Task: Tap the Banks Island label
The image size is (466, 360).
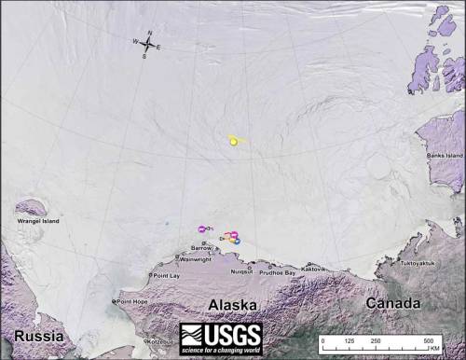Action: point(445,155)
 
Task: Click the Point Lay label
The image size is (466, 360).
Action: point(166,276)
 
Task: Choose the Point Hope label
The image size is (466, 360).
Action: point(130,302)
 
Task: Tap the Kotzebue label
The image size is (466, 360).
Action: point(162,341)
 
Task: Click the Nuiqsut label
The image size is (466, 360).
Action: point(241,271)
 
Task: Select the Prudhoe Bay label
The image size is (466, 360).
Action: point(277,272)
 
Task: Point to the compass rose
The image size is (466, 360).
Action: point(148,43)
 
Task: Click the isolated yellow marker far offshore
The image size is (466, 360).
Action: point(233,141)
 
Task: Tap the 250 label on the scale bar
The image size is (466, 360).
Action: point(377,342)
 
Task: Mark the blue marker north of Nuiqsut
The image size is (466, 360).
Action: point(237,241)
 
